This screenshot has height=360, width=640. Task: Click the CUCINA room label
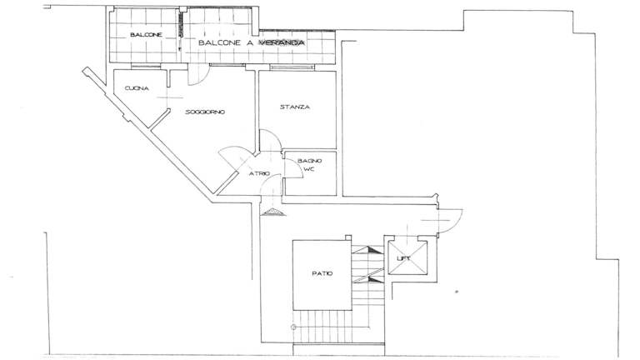(x=137, y=88)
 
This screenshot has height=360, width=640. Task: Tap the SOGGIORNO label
(x=205, y=112)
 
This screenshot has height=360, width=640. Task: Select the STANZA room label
(x=295, y=107)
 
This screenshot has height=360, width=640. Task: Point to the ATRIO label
(x=260, y=174)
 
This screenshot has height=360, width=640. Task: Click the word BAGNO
(x=310, y=161)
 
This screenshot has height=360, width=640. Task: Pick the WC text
(x=310, y=169)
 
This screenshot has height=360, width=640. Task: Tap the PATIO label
(x=322, y=273)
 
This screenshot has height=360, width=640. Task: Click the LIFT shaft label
(x=403, y=258)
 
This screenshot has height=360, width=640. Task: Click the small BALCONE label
(x=146, y=35)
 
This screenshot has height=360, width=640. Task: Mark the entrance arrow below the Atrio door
(x=273, y=212)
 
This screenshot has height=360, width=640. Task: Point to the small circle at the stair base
(x=293, y=327)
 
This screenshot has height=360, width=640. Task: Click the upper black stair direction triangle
(x=374, y=249)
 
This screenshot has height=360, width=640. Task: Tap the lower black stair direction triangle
(x=374, y=279)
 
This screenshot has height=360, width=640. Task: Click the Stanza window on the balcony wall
(x=292, y=67)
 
